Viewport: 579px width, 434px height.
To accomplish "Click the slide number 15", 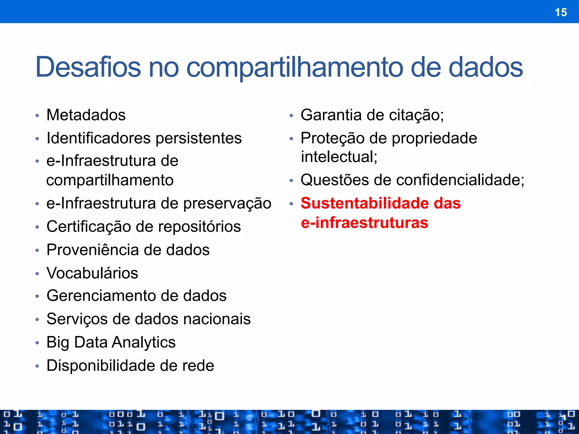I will click(561, 12).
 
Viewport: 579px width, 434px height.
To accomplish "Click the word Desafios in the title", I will click(88, 67).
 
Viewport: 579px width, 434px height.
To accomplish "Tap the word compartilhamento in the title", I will click(294, 68).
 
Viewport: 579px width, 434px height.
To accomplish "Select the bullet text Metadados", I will click(86, 115).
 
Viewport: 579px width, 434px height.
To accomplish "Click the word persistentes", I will click(198, 138).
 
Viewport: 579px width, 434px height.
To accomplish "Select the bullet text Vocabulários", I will click(92, 273).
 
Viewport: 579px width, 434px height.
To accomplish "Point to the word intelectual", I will click(339, 157).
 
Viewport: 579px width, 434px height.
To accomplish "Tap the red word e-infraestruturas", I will click(364, 223).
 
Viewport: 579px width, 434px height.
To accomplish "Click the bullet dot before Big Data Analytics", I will click(37, 343).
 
